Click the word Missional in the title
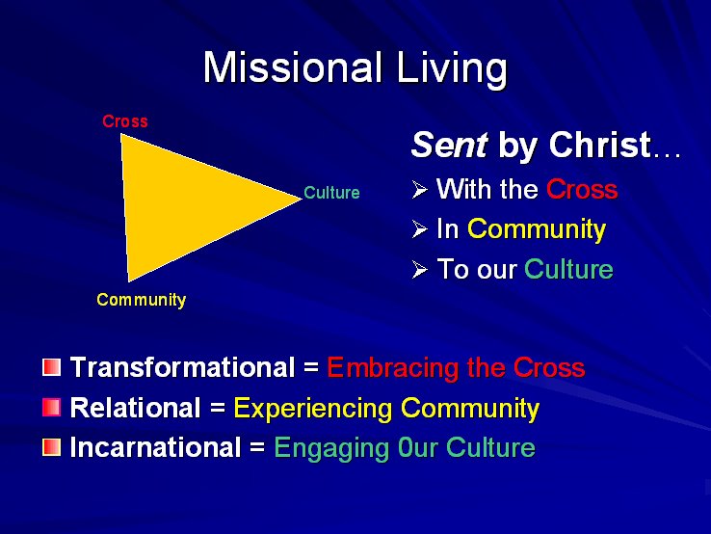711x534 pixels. pyautogui.click(x=293, y=67)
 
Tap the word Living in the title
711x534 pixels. pyautogui.click(x=452, y=68)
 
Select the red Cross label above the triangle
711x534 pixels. pyautogui.click(x=125, y=121)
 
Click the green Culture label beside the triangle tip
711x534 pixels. pyautogui.click(x=331, y=193)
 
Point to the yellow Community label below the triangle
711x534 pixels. pyautogui.click(x=142, y=300)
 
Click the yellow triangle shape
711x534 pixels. pyautogui.click(x=181, y=204)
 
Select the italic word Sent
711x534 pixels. pyautogui.click(x=449, y=145)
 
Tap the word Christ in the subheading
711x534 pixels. pyautogui.click(x=600, y=145)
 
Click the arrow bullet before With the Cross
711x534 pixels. pyautogui.click(x=419, y=189)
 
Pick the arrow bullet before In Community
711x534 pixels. pyautogui.click(x=419, y=229)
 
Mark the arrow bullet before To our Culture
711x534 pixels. pyautogui.click(x=419, y=270)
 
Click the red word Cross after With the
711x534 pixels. pyautogui.click(x=582, y=189)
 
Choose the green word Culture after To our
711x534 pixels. pyautogui.click(x=568, y=269)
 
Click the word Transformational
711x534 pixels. pyautogui.click(x=183, y=367)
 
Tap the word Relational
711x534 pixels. pyautogui.click(x=135, y=408)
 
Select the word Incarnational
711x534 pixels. pyautogui.click(x=155, y=447)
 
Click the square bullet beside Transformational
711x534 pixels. pyautogui.click(x=52, y=367)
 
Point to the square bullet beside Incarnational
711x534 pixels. pyautogui.click(x=52, y=447)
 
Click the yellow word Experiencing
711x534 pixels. pyautogui.click(x=313, y=409)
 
